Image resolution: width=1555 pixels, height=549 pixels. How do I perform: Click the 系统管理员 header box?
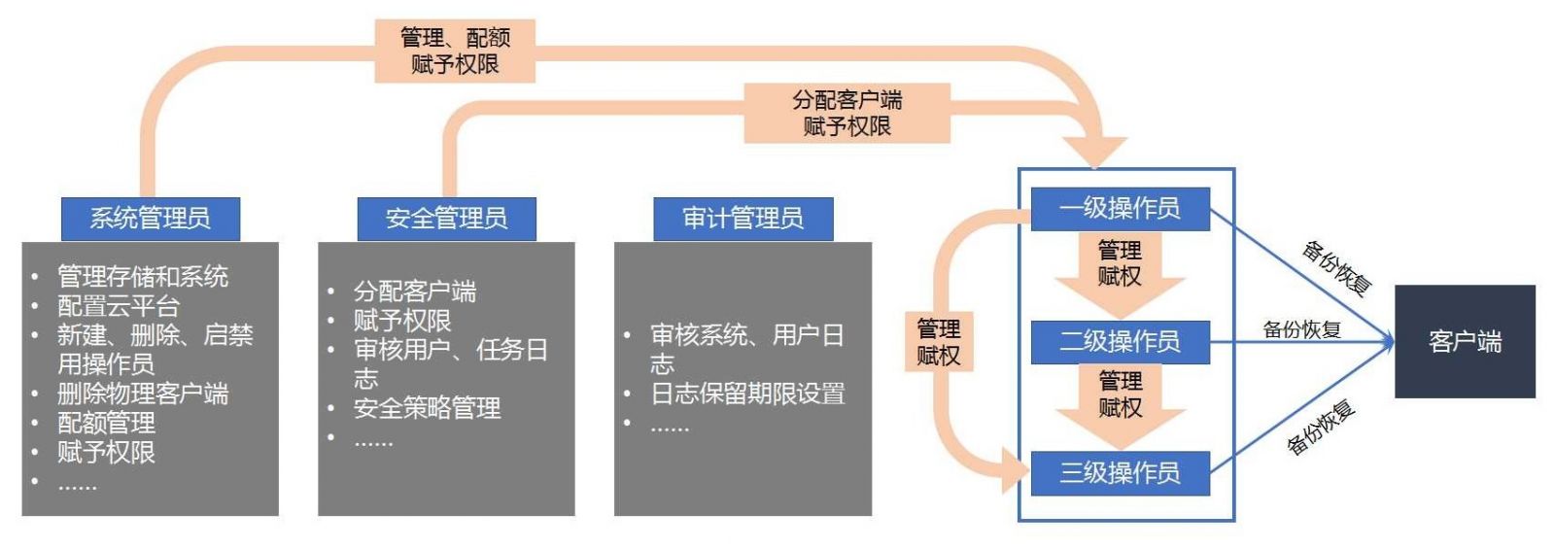pyautogui.click(x=150, y=219)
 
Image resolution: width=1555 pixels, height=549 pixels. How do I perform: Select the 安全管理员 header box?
pyautogui.click(x=446, y=219)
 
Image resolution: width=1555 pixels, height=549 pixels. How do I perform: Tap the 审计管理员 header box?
pyautogui.click(x=743, y=219)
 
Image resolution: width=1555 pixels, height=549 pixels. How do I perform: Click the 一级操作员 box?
pyautogui.click(x=1120, y=208)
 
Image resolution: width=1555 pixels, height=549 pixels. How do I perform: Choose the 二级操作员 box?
pyautogui.click(x=1120, y=341)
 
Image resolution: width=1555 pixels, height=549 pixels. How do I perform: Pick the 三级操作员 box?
pyautogui.click(x=1120, y=473)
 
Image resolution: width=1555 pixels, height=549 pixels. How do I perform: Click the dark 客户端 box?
pyautogui.click(x=1465, y=341)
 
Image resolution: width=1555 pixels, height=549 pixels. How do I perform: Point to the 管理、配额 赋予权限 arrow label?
pyautogui.click(x=455, y=51)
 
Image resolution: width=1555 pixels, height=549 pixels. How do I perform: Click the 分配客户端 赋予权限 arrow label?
pyautogui.click(x=847, y=113)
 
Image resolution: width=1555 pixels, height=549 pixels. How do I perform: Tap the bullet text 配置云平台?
pyautogui.click(x=119, y=306)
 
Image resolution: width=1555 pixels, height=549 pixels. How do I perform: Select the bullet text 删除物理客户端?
pyautogui.click(x=143, y=394)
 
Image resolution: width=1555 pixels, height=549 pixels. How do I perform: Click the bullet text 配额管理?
pyautogui.click(x=106, y=423)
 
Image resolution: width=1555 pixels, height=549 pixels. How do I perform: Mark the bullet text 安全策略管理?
pyautogui.click(x=427, y=408)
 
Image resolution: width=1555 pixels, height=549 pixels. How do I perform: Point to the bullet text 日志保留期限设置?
pyautogui.click(x=747, y=394)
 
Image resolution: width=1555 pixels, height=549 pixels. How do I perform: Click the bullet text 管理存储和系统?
pyautogui.click(x=143, y=277)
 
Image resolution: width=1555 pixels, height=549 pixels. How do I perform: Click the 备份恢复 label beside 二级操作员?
pyautogui.click(x=1301, y=329)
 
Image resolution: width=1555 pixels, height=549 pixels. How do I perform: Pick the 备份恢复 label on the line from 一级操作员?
pyautogui.click(x=1336, y=267)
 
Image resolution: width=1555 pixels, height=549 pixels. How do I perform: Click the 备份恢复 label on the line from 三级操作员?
pyautogui.click(x=1321, y=428)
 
